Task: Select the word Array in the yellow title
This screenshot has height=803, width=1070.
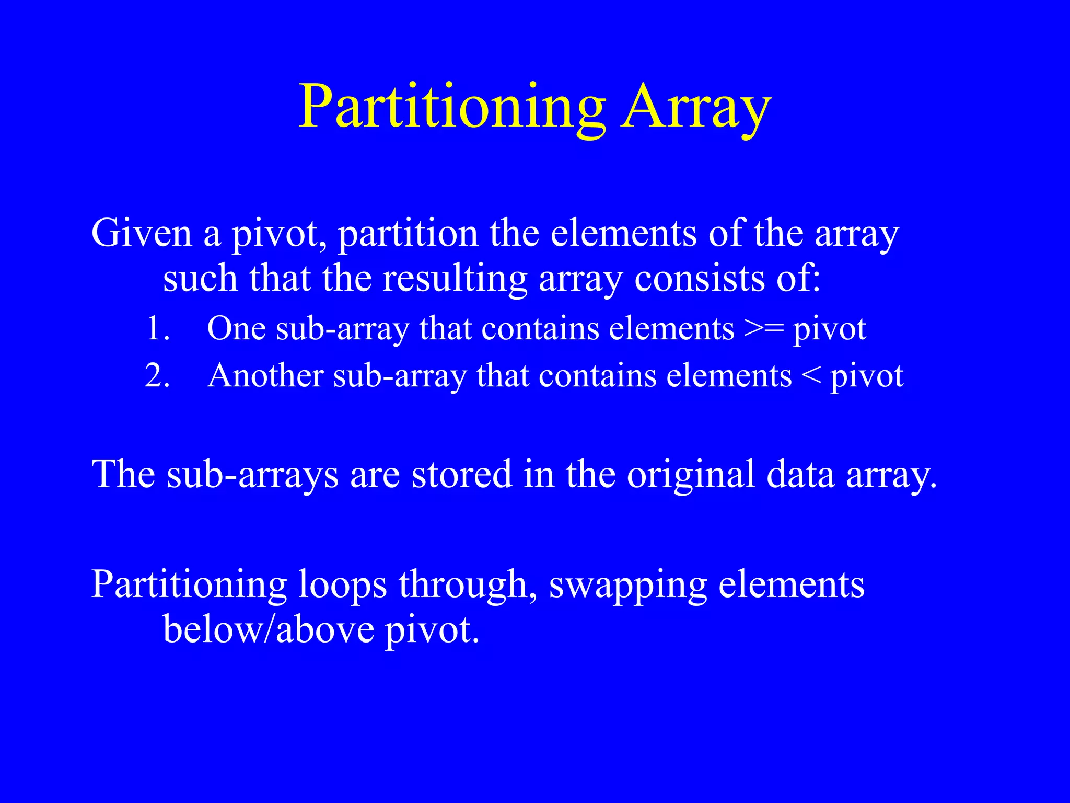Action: [696, 107]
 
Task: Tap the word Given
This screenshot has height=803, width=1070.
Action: [142, 233]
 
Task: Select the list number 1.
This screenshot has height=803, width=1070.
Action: [157, 329]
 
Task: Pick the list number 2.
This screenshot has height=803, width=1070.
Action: [157, 376]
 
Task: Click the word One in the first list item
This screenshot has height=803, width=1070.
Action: [236, 329]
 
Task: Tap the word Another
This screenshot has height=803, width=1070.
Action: [265, 376]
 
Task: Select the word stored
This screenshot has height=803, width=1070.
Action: [461, 474]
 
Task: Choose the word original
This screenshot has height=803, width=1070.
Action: [691, 474]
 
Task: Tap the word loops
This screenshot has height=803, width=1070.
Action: [343, 584]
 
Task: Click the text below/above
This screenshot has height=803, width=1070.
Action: [269, 629]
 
